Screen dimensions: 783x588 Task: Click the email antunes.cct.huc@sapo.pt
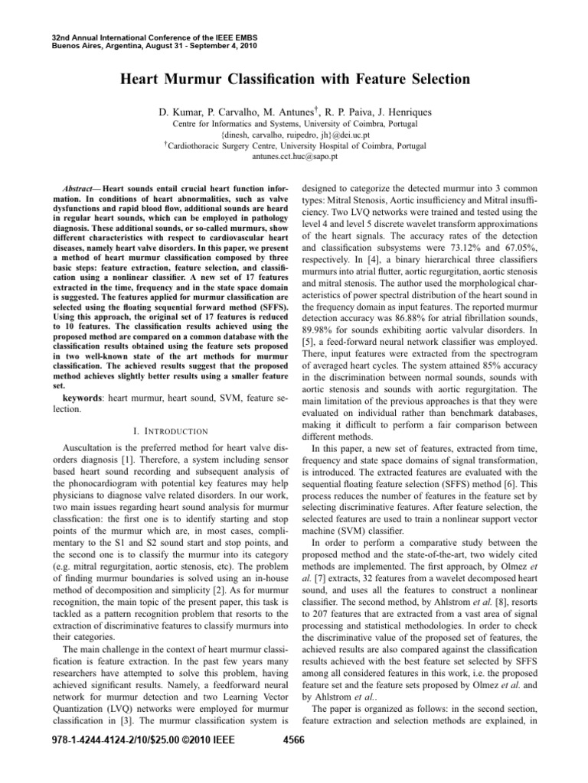coord(293,155)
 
